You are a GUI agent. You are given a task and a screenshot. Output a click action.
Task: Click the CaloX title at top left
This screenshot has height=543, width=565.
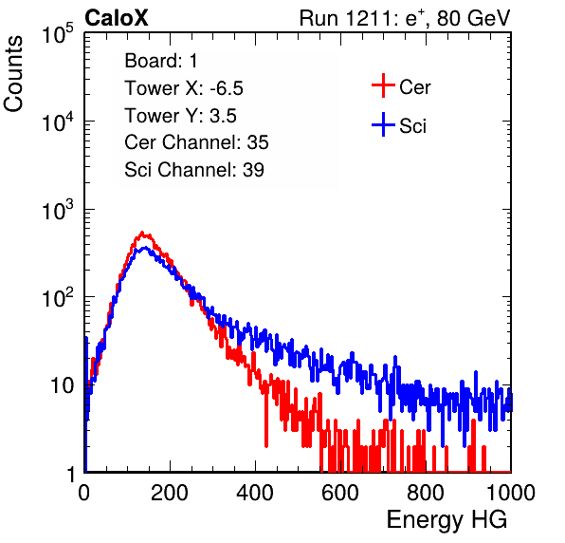117,18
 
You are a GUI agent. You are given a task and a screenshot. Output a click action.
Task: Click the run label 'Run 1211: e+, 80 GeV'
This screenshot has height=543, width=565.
405,18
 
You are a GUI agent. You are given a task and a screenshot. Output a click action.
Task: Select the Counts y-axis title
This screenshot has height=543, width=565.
13,74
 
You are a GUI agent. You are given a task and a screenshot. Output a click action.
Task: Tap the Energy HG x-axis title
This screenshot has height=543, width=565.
447,520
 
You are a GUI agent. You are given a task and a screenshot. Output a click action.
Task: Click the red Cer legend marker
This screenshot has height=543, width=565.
383,85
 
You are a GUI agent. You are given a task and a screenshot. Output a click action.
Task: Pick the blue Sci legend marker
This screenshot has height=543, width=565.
383,124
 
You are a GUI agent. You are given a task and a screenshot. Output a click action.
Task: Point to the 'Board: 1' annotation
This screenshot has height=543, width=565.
161,61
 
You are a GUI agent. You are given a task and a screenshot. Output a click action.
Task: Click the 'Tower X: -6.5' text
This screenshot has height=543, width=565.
184,88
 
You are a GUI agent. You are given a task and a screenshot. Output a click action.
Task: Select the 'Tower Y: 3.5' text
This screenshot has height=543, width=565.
180,116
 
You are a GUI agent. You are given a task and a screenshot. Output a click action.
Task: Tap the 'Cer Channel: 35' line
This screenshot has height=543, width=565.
196,142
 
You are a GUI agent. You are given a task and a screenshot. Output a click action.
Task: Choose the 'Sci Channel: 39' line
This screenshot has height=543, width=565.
194,170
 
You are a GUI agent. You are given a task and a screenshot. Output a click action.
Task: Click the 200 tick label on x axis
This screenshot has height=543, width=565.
170,493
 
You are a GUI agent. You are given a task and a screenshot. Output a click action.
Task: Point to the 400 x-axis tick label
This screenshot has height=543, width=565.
255,493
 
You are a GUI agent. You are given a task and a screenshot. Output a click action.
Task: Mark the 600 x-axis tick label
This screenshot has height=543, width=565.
340,493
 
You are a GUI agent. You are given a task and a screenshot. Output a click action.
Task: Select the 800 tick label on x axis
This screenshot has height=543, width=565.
426,493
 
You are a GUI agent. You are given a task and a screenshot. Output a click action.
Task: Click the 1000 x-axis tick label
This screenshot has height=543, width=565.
511,493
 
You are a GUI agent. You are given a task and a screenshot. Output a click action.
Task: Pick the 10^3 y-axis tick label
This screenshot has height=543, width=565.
58,209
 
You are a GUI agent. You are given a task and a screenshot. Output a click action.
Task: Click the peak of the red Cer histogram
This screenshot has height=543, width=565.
142,233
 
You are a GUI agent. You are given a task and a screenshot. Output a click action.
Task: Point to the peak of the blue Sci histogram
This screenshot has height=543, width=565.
145,248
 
